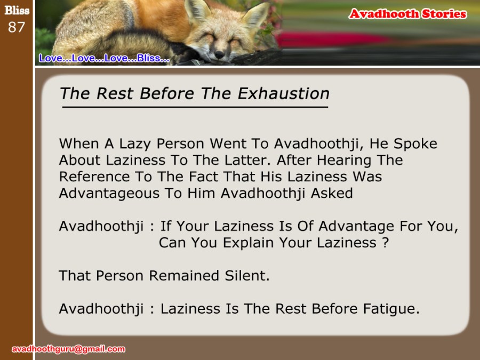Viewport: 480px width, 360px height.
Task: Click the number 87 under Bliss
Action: tap(16, 27)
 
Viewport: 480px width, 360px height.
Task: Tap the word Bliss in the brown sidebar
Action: tap(17, 11)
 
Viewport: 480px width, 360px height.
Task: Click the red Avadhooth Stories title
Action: tap(408, 14)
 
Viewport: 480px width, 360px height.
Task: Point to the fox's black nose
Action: tap(219, 54)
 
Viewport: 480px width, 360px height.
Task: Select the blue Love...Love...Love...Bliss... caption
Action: tap(104, 58)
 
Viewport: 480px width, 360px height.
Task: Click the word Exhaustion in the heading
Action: tap(284, 93)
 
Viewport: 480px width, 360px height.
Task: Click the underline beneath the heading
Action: tap(195, 107)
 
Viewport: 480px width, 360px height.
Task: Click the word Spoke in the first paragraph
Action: tap(415, 144)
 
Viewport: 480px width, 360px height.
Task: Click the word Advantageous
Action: tap(109, 194)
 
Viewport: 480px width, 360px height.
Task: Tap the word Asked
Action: tap(332, 193)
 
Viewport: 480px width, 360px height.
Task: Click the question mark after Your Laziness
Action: tap(386, 243)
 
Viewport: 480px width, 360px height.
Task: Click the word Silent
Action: tap(247, 276)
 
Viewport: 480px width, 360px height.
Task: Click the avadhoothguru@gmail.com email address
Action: tap(68, 349)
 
